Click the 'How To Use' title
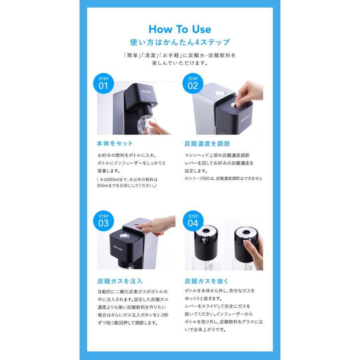tap(180, 29)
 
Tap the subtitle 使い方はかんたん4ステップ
tap(180, 42)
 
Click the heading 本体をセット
tap(115, 143)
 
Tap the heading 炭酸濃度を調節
tap(207, 143)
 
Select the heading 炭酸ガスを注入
tap(120, 281)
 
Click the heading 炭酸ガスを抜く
tap(207, 281)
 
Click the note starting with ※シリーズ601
tap(223, 178)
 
